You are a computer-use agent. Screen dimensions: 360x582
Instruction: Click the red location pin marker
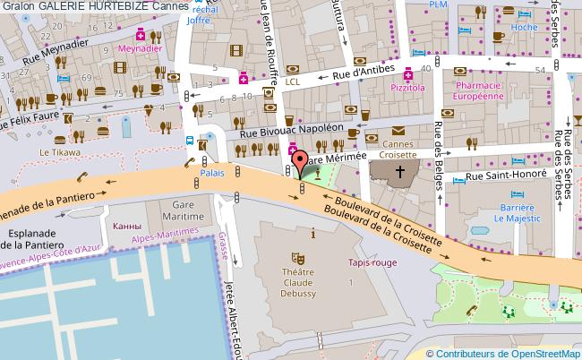coord(301,162)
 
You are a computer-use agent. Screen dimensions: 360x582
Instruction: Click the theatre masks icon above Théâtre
coord(302,256)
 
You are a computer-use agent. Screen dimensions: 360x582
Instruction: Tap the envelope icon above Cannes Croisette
coord(398,131)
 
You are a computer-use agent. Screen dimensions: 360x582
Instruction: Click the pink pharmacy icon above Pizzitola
coord(408,74)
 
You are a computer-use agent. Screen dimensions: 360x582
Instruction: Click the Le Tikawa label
coord(53,153)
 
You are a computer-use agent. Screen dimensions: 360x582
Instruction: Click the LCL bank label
coord(293,81)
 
